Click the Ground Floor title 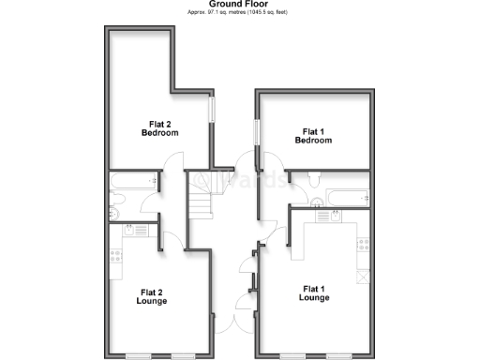239,4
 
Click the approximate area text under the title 239,14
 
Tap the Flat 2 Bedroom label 159,127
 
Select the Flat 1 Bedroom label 312,136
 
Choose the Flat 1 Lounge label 313,293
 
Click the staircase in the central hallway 202,202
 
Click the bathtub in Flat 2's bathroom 131,181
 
